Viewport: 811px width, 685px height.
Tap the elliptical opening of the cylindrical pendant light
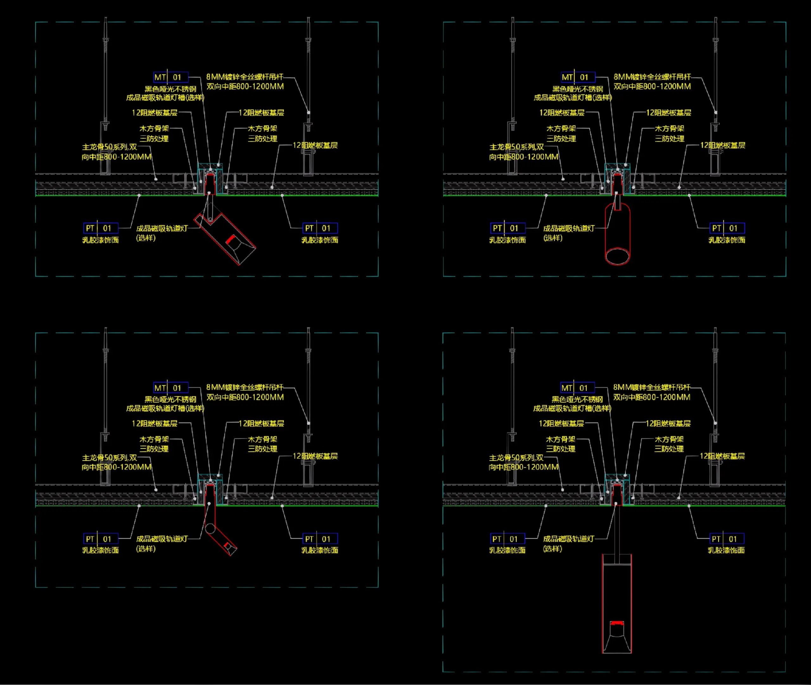(617, 256)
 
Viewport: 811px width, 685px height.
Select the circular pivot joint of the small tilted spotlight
(210, 528)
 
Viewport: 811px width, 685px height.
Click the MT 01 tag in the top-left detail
(171, 77)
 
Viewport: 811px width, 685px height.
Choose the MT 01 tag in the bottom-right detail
(577, 388)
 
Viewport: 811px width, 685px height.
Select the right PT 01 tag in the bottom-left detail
(320, 539)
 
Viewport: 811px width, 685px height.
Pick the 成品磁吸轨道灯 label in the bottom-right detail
(568, 539)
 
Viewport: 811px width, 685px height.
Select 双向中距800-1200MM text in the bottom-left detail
(245, 397)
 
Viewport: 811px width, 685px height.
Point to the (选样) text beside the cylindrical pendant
(552, 238)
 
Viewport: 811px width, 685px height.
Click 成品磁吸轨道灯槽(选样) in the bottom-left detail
(165, 408)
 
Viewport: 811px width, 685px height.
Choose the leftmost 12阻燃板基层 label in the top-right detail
(561, 112)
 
